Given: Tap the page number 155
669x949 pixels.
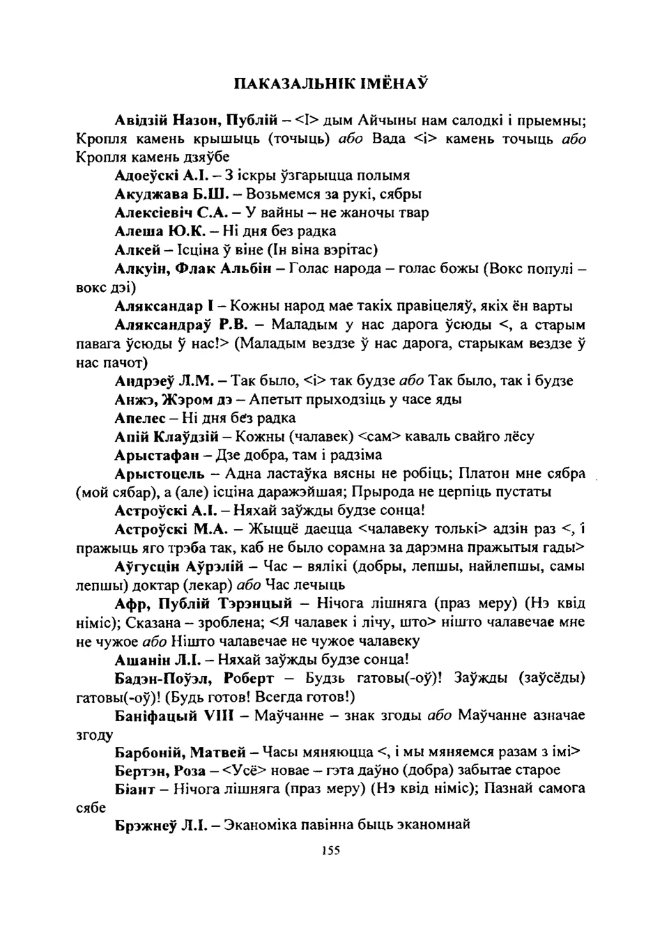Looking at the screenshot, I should coord(330,850).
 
